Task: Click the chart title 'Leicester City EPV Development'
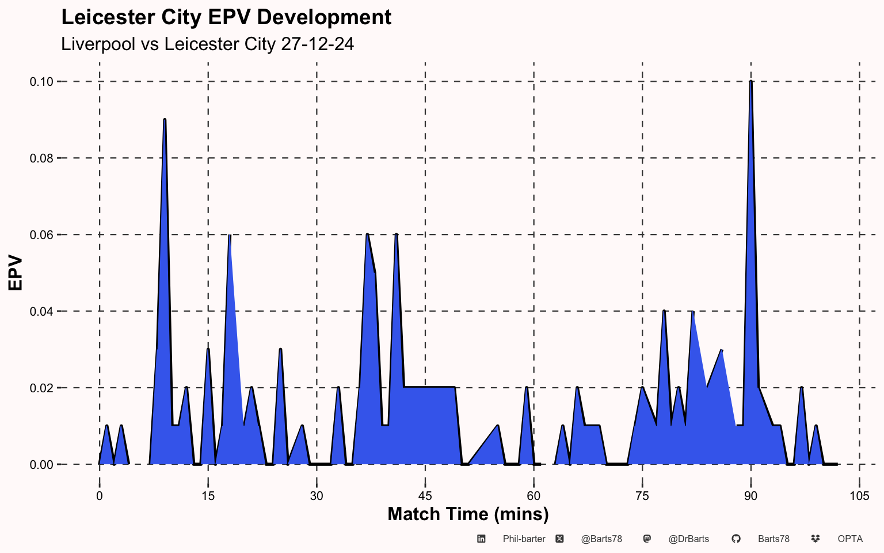point(226,17)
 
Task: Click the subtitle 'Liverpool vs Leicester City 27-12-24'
point(207,44)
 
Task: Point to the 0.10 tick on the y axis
point(41,82)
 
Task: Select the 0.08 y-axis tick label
point(41,158)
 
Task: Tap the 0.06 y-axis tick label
point(41,235)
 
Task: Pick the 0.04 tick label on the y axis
point(41,312)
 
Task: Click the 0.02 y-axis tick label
point(41,388)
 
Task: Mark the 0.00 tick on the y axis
point(41,465)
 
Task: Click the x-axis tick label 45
point(425,496)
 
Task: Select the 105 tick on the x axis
point(859,496)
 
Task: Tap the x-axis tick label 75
point(642,496)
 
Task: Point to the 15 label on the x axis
point(208,496)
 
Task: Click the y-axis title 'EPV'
point(15,273)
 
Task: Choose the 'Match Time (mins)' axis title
point(468,514)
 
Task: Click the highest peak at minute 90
point(751,82)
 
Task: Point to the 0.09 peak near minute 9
point(165,120)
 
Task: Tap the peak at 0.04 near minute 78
point(664,311)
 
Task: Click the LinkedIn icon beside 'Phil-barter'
point(481,539)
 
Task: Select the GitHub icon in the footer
point(736,539)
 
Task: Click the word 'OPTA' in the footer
point(850,539)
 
